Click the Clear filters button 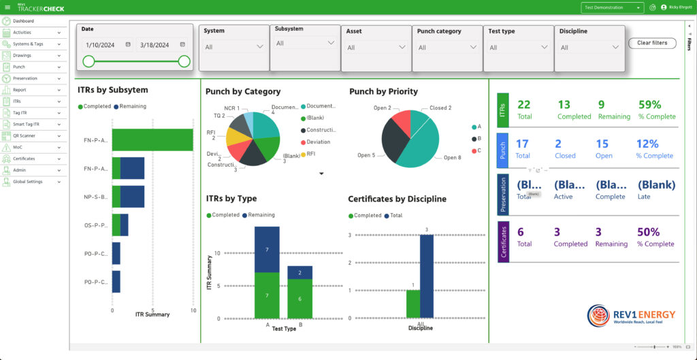(x=652, y=43)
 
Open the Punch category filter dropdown (x=447, y=48)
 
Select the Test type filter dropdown (x=518, y=48)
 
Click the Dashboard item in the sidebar (x=23, y=21)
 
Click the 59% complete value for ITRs (x=650, y=105)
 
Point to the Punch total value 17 (x=522, y=144)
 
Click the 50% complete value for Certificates (x=649, y=232)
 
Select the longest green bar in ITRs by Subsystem (x=152, y=140)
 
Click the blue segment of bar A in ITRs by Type (x=267, y=249)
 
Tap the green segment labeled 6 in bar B (x=299, y=299)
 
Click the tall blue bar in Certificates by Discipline (x=427, y=276)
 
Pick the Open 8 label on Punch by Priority (x=451, y=158)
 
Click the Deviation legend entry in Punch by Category (x=317, y=142)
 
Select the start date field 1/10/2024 (x=100, y=45)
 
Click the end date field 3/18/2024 (x=155, y=45)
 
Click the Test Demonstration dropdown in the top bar (x=612, y=7)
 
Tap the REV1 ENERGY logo (x=632, y=316)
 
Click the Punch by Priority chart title (x=383, y=91)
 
